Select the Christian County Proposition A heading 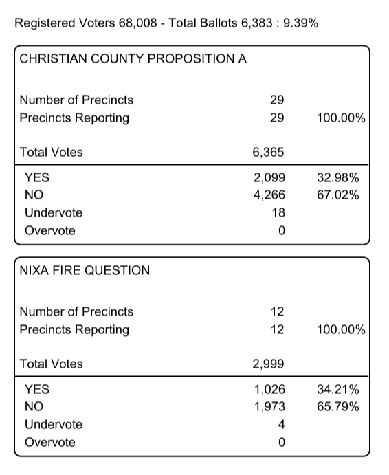tap(133, 58)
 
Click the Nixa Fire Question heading tap(85, 270)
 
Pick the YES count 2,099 tap(269, 177)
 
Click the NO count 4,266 tap(269, 195)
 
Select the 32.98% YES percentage tap(338, 177)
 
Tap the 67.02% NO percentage tap(338, 195)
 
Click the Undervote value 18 tap(278, 213)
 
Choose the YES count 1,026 tap(269, 389)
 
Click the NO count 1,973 tap(269, 407)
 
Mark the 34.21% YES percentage tap(338, 389)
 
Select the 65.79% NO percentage tap(338, 407)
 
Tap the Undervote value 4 tap(281, 425)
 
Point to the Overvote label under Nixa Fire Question tap(50, 443)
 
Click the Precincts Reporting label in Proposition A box tap(74, 118)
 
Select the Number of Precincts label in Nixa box tap(76, 312)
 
